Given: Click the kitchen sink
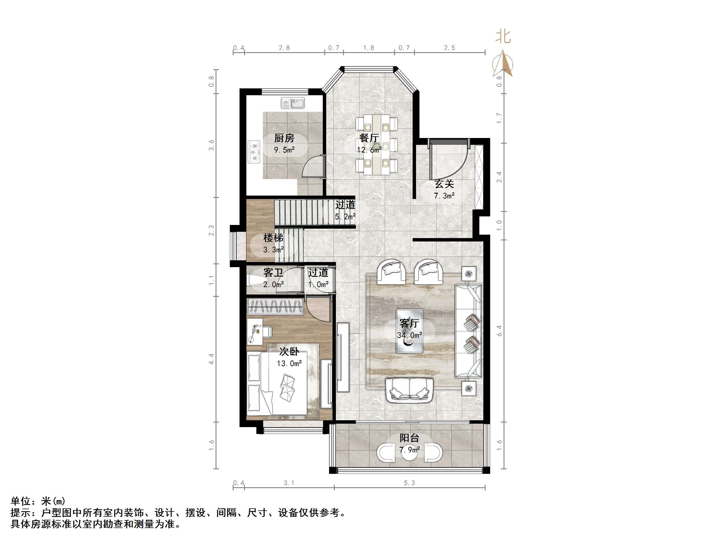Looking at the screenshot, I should pyautogui.click(x=293, y=103).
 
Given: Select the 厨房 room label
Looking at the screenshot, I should pyautogui.click(x=284, y=138).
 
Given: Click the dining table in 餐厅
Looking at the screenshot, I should pyautogui.click(x=377, y=144).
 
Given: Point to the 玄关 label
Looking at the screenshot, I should pyautogui.click(x=444, y=184).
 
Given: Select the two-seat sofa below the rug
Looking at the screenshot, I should pyautogui.click(x=409, y=390).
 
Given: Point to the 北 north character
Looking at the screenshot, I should pyautogui.click(x=503, y=37).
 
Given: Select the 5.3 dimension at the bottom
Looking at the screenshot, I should pyautogui.click(x=409, y=483).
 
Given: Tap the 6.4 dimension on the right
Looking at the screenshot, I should pyautogui.click(x=499, y=331).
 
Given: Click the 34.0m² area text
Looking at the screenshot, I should pyautogui.click(x=409, y=335).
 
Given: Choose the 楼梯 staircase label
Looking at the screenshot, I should pyautogui.click(x=273, y=238).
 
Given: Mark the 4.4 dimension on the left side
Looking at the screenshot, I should pyautogui.click(x=212, y=359).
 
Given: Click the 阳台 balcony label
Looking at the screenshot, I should pyautogui.click(x=409, y=438).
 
